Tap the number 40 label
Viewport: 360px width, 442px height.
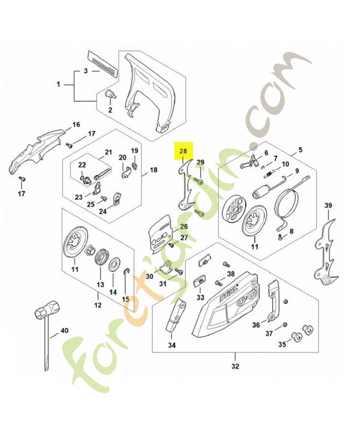pos(64,331)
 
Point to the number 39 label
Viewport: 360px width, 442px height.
pos(329,206)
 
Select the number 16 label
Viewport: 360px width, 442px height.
pos(76,124)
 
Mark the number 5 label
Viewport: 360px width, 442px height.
pos(301,150)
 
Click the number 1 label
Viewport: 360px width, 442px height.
pos(59,85)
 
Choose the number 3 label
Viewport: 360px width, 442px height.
pos(86,71)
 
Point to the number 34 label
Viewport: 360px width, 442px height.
pos(172,345)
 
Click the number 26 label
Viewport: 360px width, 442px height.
pos(184,226)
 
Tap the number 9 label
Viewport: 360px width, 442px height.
pos(297,171)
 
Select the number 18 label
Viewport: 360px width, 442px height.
pos(153,170)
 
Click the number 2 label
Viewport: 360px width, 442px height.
pos(110,110)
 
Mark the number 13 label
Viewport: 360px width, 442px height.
pos(100,285)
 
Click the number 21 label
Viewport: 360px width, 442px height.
pos(108,152)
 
